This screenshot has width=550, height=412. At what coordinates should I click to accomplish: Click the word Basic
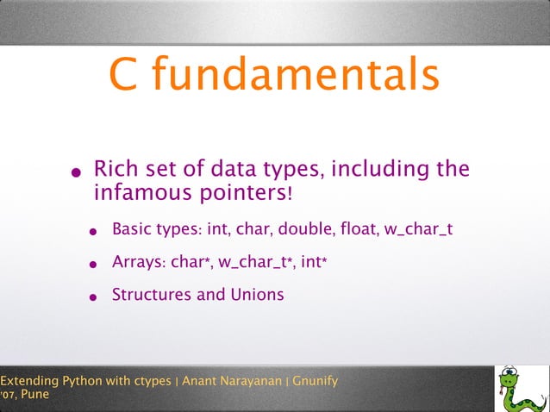[x=133, y=230]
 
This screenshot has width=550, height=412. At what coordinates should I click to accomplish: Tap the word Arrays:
[x=139, y=262]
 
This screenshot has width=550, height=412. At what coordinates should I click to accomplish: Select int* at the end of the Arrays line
[x=313, y=262]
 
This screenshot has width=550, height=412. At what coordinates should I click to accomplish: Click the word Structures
[x=151, y=294]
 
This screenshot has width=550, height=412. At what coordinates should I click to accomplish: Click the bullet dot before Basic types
[x=93, y=233]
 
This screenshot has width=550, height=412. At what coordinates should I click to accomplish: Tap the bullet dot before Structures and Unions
[x=93, y=297]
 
